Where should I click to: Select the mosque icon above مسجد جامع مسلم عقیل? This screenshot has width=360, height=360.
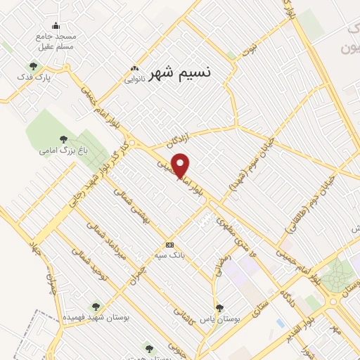click(56, 26)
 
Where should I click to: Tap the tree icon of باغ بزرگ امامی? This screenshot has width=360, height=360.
click(63, 139)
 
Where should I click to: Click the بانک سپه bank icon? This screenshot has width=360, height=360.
click(169, 245)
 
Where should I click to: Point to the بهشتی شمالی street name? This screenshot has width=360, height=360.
click(135, 204)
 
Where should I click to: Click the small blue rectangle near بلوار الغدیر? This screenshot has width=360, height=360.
click(281, 323)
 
